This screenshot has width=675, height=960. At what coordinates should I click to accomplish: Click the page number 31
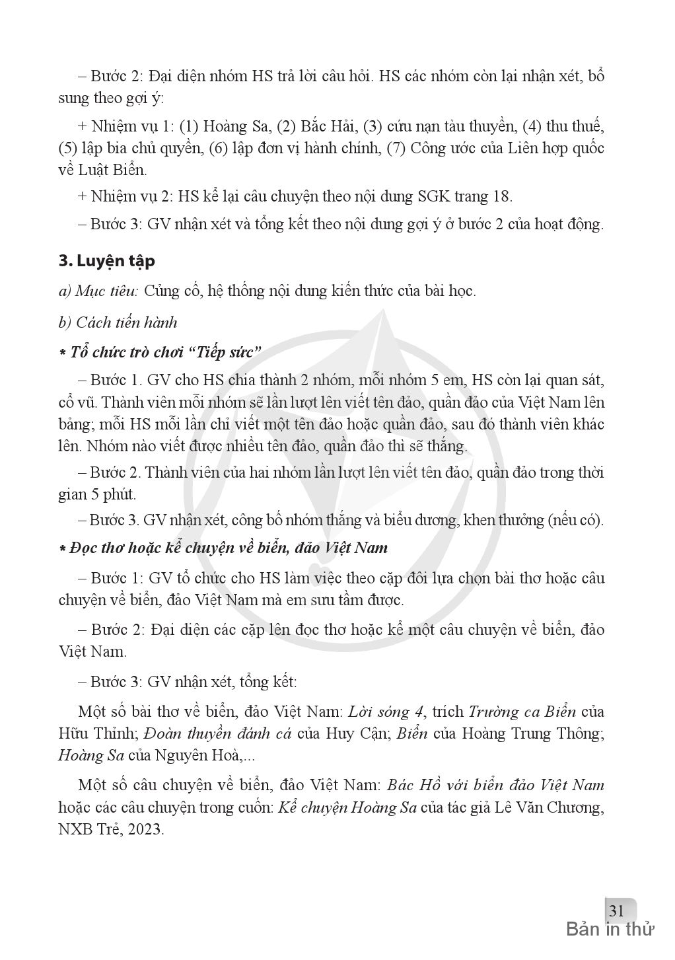(616, 910)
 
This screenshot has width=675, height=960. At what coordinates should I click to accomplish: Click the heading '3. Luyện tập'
(106, 261)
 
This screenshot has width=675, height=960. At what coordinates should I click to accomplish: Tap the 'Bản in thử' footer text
(610, 930)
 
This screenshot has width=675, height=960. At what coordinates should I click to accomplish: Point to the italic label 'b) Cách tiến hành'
(118, 322)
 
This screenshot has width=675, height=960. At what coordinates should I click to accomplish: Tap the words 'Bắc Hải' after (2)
(327, 126)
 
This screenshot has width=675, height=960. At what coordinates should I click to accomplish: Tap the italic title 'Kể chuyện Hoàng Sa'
(347, 807)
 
